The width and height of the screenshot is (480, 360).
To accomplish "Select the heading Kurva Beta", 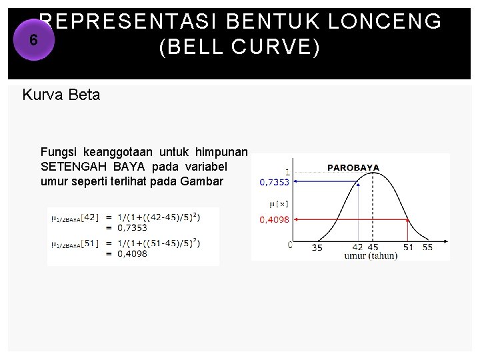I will tap(61, 95).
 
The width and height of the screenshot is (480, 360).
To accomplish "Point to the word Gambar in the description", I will tap(203, 181).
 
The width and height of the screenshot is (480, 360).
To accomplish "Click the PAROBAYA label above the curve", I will tap(353, 167).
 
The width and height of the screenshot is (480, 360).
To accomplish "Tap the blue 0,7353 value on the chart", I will tap(274, 181).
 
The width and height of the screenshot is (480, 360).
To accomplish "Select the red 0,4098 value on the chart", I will tap(274, 219).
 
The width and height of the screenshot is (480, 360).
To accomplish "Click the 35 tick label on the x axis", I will tap(317, 247).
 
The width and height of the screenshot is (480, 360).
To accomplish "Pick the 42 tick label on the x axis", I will tap(357, 247).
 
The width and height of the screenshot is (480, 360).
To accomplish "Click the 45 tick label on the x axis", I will tap(373, 247).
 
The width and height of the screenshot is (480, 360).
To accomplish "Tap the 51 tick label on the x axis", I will tap(407, 247).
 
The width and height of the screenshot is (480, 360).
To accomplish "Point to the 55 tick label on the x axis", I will tap(427, 247).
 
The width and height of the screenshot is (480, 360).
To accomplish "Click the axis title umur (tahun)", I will tap(370, 256).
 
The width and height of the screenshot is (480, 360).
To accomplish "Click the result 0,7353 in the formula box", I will tap(133, 227).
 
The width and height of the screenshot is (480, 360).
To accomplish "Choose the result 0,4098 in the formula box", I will tap(133, 253).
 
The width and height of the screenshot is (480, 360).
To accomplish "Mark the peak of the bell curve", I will tap(374, 173).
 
